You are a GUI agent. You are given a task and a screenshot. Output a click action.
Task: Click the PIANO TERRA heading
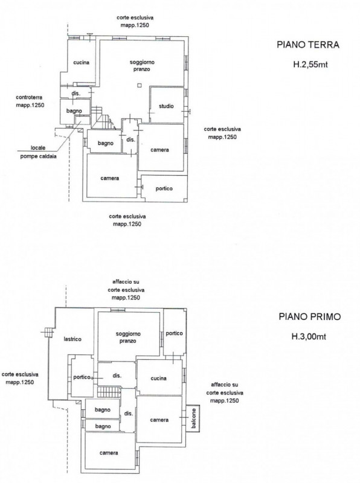click(308, 45)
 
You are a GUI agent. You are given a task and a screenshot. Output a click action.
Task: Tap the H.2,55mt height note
click(310, 65)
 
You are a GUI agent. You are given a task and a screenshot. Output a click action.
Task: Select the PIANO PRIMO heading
click(310, 316)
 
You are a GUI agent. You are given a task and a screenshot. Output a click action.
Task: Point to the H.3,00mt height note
click(309, 336)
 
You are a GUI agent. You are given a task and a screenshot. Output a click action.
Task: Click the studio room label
click(166, 106)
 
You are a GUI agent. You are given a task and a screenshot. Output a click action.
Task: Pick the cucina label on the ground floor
click(81, 63)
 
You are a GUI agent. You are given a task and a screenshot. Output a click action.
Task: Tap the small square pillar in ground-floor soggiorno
click(140, 85)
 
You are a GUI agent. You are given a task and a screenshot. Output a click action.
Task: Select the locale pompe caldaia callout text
click(38, 152)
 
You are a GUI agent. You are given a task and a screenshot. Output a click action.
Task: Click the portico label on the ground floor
click(164, 188)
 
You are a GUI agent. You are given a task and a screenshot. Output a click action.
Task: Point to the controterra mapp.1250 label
click(30, 101)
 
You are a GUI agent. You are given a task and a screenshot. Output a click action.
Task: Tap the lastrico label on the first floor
click(72, 339)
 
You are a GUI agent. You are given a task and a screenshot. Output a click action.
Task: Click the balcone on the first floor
click(193, 418)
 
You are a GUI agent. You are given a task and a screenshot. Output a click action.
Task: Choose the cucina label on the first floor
click(158, 379)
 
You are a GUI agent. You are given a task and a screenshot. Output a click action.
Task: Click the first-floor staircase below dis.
click(109, 392)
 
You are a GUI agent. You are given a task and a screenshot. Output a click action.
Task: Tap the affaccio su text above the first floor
click(126, 282)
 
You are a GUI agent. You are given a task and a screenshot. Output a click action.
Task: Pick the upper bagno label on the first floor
click(103, 410)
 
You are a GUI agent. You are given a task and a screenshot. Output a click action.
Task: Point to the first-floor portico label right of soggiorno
click(174, 334)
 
